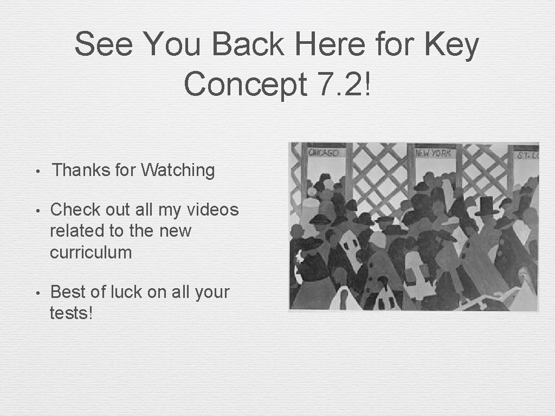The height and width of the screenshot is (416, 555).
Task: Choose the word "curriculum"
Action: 91,252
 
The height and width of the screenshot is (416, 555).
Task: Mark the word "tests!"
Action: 71,313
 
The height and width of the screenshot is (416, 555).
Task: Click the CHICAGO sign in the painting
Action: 324,153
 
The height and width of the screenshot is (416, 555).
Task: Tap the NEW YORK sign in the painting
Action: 433,153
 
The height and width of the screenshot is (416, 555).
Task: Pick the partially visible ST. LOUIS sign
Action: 526,155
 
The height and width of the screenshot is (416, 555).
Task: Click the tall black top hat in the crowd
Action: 486,206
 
